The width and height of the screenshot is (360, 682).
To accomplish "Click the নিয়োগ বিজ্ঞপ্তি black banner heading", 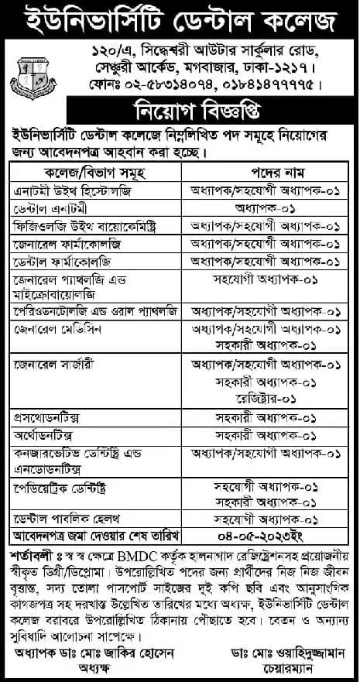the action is coord(180,104).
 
